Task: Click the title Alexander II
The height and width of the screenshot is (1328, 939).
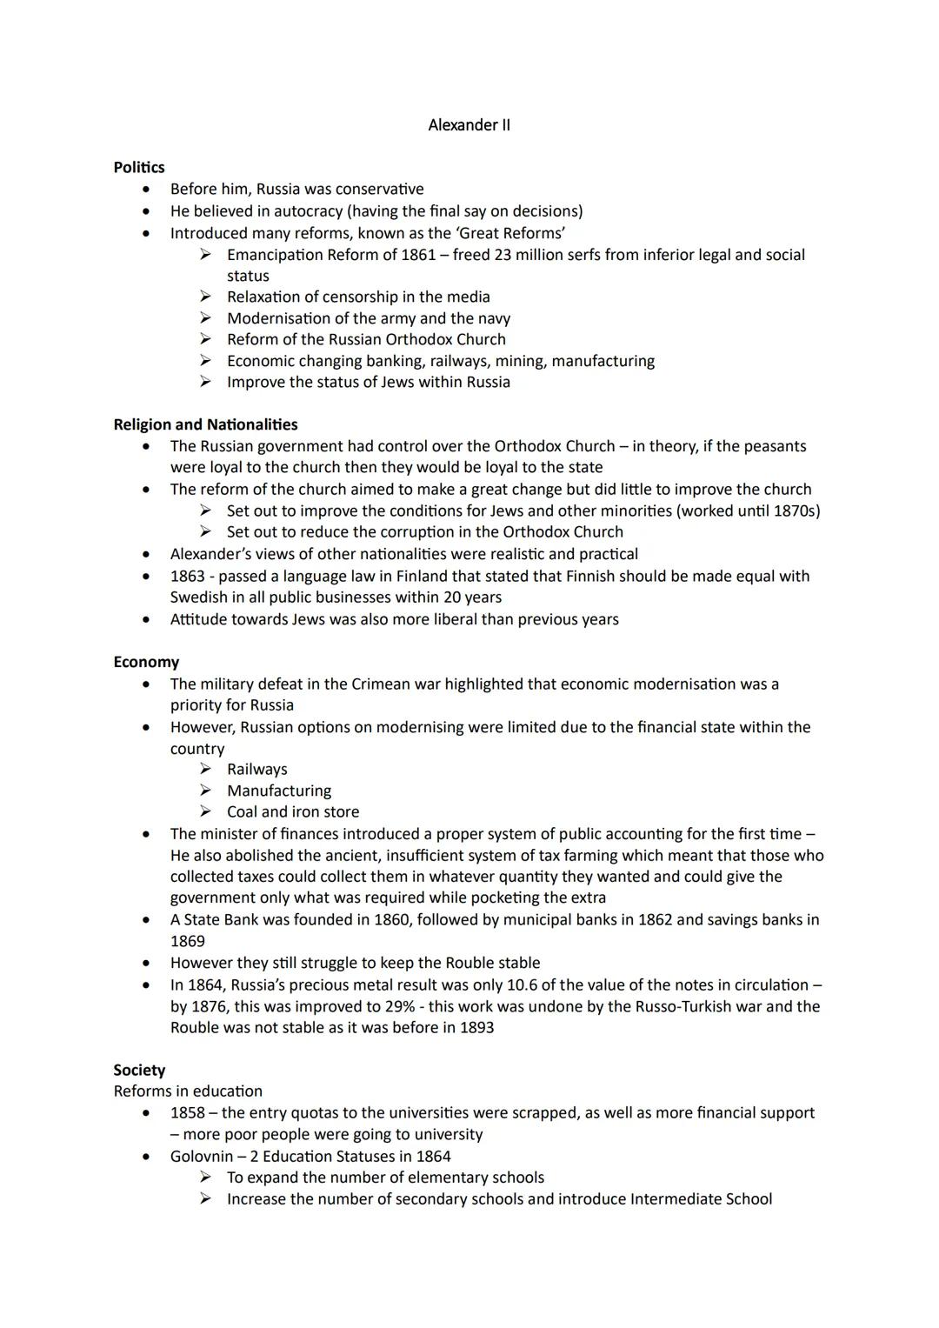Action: (469, 125)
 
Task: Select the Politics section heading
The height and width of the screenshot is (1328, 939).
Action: (139, 167)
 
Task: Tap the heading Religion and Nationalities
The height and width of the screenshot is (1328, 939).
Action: (205, 424)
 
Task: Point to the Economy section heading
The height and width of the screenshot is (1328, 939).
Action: (146, 662)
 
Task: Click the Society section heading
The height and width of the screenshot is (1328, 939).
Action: (139, 1070)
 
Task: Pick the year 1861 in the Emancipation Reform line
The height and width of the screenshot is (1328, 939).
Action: (418, 255)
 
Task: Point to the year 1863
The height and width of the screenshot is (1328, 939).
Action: (188, 576)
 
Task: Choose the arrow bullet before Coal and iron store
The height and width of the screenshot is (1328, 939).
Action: (205, 811)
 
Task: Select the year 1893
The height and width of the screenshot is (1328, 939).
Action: (475, 1027)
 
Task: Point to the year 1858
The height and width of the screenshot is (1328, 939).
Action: (188, 1112)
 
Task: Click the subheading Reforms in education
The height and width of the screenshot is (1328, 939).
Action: (188, 1091)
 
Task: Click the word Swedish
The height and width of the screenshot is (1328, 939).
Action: (198, 597)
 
